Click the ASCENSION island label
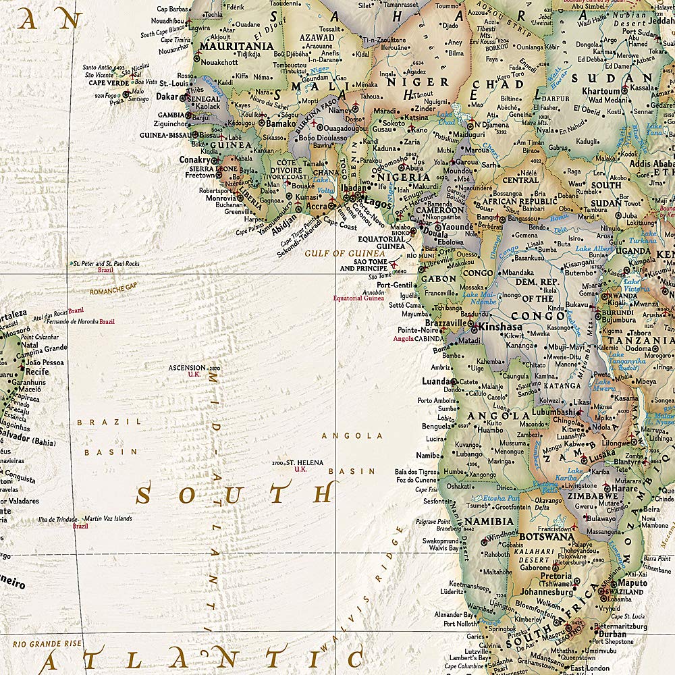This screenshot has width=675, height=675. pyautogui.click(x=187, y=368)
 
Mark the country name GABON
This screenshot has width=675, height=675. pyautogui.click(x=438, y=278)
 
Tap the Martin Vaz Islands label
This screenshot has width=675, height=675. pyautogui.click(x=109, y=518)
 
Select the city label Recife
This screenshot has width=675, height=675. pyautogui.click(x=38, y=371)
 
